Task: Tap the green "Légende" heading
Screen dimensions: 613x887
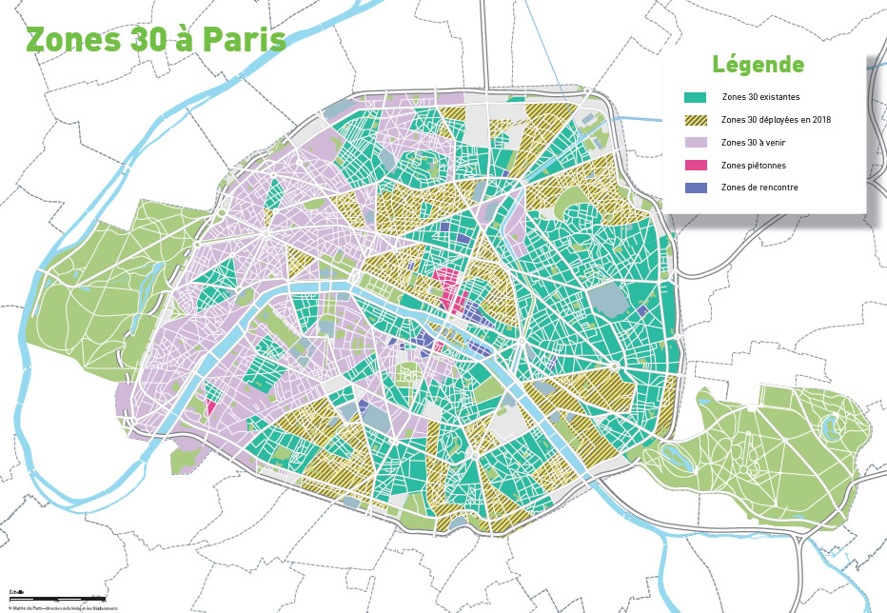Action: click(x=758, y=65)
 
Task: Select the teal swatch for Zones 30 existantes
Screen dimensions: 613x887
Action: click(x=696, y=98)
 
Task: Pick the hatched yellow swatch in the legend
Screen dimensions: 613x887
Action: click(x=696, y=120)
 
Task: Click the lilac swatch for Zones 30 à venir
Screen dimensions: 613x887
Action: click(x=696, y=143)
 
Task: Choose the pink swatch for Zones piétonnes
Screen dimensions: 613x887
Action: click(x=696, y=165)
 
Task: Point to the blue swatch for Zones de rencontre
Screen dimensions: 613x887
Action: click(x=696, y=188)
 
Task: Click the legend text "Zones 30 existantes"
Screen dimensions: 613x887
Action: click(x=760, y=98)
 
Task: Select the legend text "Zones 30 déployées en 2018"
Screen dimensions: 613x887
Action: click(x=776, y=120)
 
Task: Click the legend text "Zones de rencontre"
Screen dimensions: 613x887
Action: click(x=759, y=188)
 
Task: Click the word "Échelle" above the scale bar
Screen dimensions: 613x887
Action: click(x=15, y=591)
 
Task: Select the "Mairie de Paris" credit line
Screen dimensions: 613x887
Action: click(x=63, y=607)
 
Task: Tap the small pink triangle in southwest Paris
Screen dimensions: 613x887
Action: click(x=210, y=406)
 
